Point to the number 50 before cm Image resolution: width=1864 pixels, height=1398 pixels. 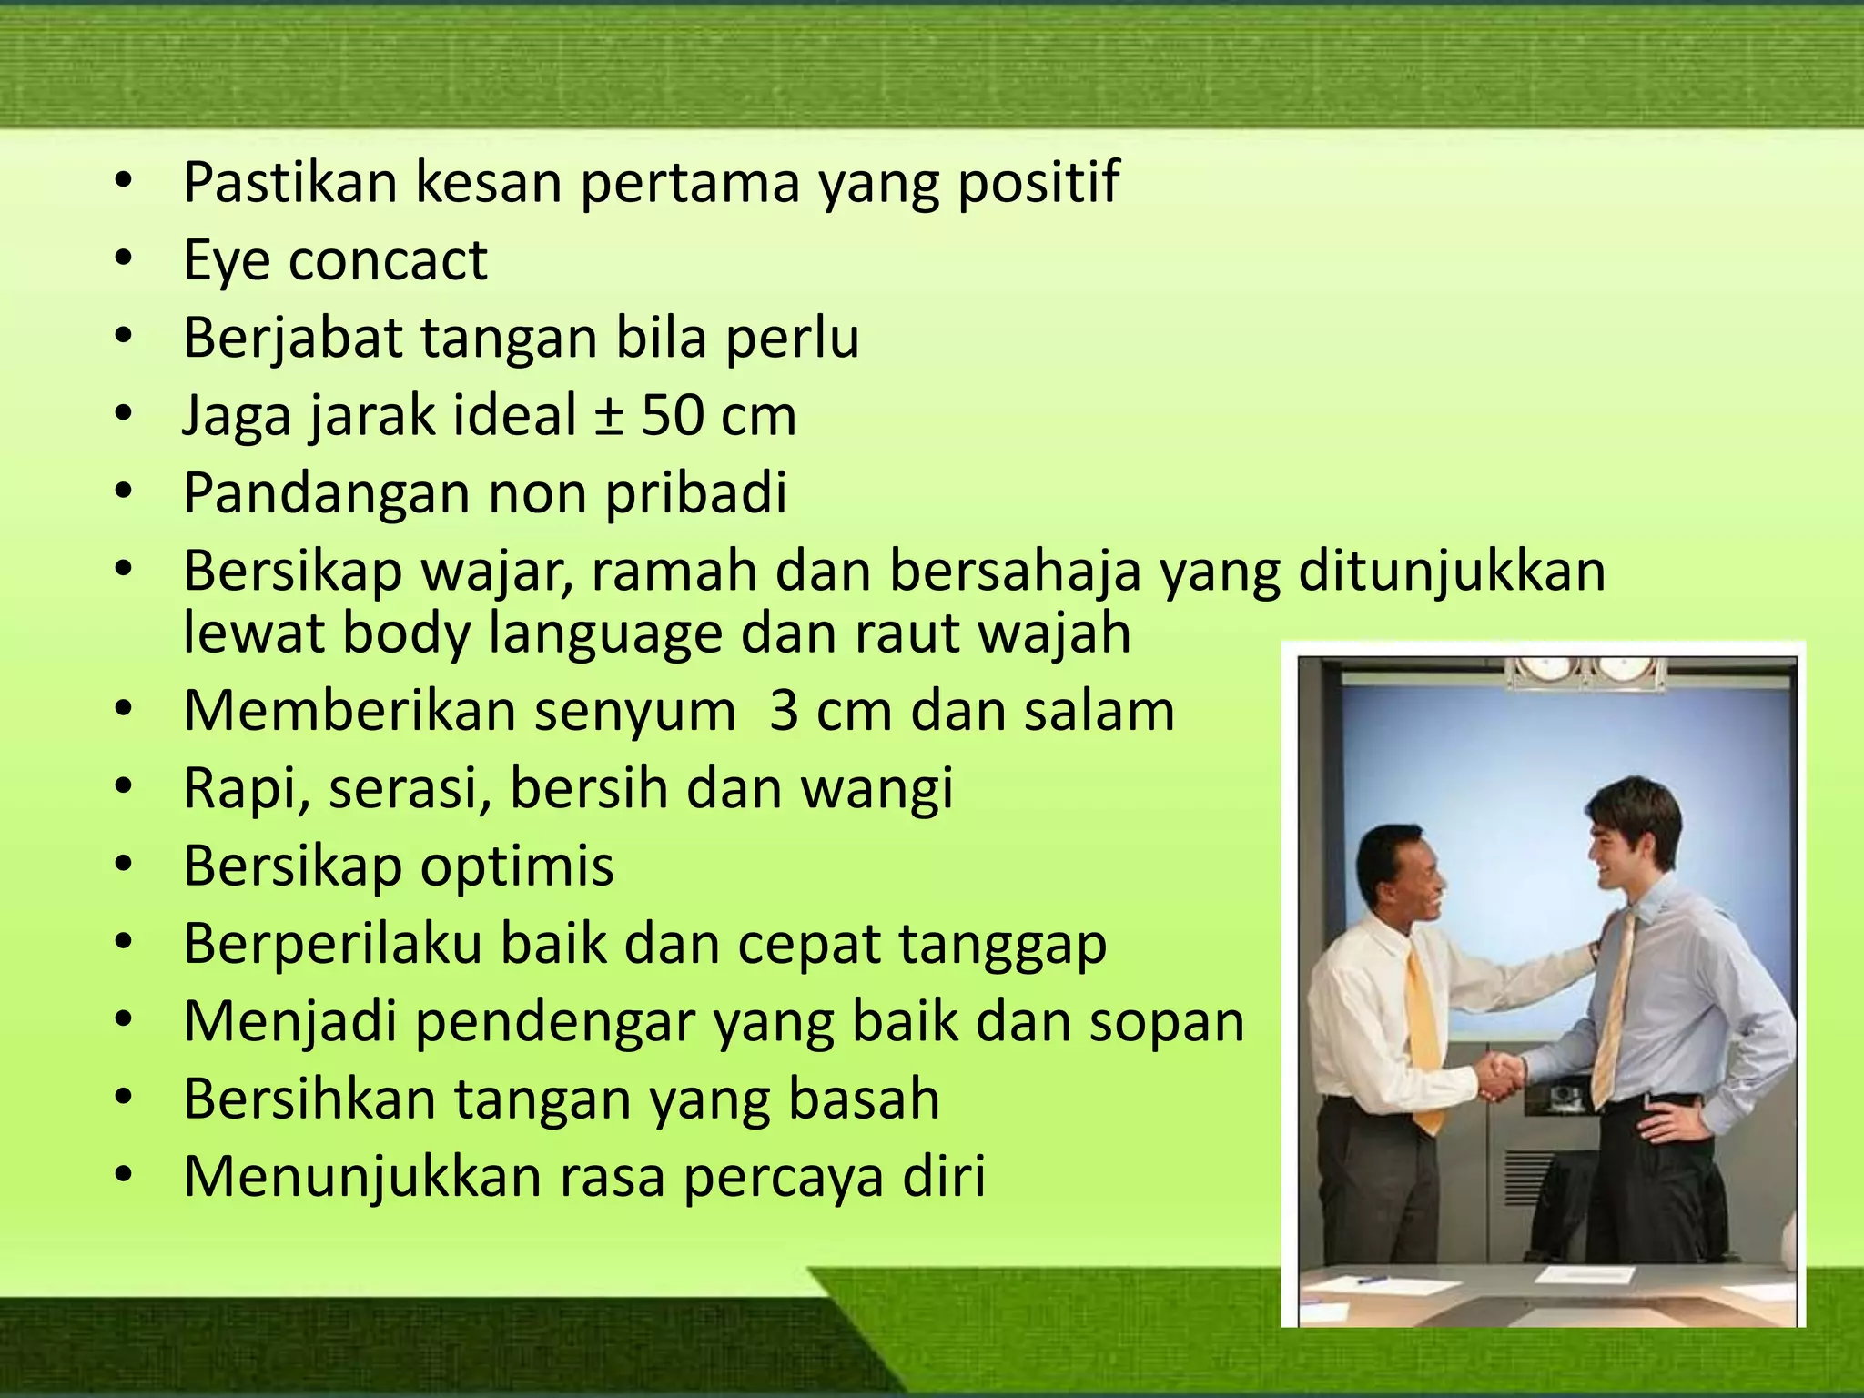[672, 416]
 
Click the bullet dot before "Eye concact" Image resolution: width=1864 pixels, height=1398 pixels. [125, 261]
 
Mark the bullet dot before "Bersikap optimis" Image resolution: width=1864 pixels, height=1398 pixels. [125, 866]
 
